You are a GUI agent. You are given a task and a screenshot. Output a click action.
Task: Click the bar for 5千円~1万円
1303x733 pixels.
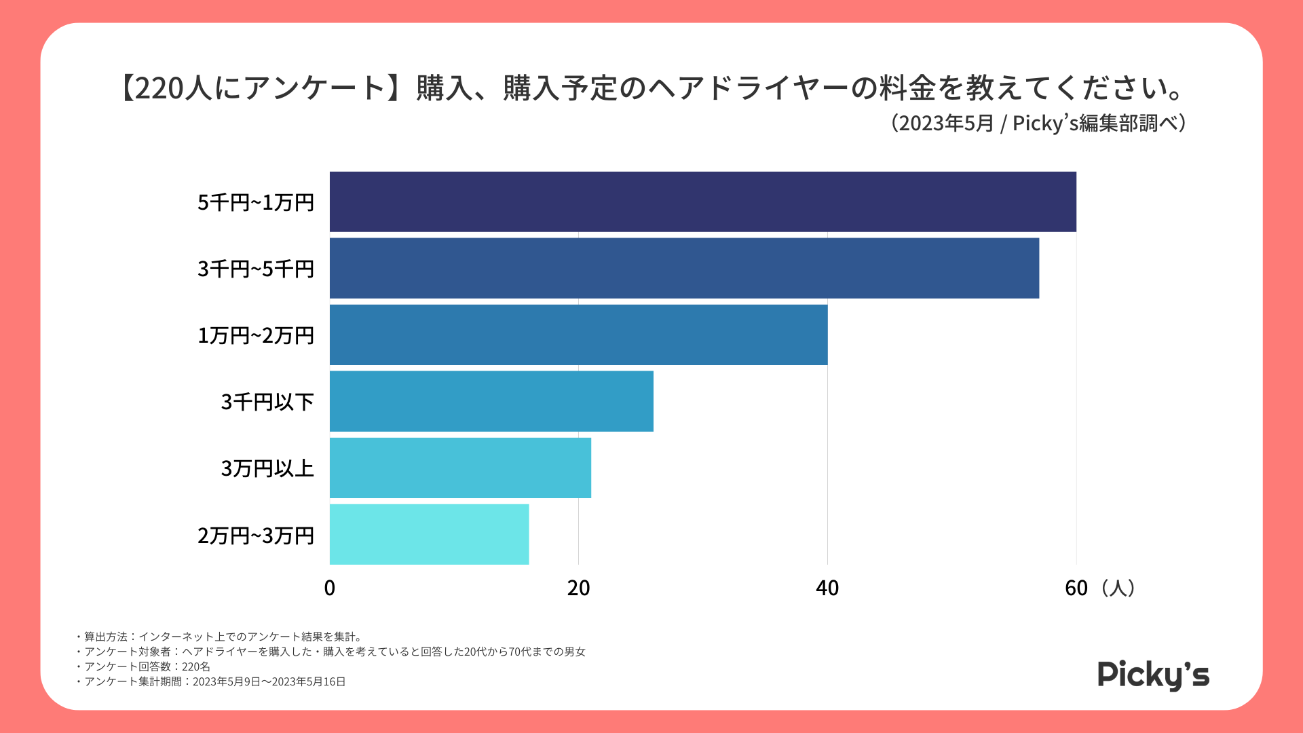click(702, 202)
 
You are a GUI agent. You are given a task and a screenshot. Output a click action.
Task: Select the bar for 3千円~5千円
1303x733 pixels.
click(684, 268)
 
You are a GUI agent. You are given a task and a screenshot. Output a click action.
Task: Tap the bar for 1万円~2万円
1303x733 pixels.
click(578, 335)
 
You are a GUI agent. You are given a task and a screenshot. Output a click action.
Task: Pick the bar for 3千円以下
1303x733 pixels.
click(491, 401)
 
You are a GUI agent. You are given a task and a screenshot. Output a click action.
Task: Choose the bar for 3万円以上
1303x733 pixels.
click(460, 468)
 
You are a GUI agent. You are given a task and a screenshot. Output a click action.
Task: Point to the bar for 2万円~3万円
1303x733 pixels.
click(429, 534)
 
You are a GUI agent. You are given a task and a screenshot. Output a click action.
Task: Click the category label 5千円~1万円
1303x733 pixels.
click(256, 202)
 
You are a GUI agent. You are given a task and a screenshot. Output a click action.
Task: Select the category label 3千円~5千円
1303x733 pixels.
click(256, 269)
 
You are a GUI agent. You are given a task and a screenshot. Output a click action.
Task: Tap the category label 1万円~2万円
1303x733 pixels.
click(256, 335)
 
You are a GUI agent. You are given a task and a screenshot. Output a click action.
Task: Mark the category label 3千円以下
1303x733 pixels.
click(267, 402)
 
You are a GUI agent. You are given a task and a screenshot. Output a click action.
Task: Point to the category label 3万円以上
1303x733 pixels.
click(267, 468)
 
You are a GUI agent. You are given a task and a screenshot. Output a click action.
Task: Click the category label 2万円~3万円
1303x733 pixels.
click(256, 535)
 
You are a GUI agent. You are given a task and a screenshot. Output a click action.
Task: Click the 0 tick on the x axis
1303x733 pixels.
click(330, 588)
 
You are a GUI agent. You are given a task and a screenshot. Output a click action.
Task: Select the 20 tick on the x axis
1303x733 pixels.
click(578, 588)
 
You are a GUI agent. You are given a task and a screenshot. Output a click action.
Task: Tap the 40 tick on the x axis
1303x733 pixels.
click(827, 588)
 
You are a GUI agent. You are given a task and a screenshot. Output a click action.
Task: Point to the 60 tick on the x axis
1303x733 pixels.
click(1076, 588)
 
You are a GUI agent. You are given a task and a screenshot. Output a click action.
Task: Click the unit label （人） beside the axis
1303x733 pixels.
click(1118, 588)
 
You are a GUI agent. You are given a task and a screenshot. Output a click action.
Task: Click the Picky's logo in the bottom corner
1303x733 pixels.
click(1153, 675)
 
